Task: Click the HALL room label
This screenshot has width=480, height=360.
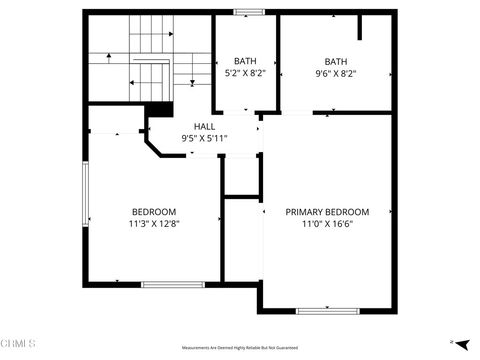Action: point(204,127)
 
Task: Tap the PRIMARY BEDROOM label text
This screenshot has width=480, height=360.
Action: point(327,212)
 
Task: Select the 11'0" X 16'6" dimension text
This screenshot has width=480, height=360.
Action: point(327,224)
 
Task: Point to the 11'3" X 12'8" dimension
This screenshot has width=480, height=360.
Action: point(154,224)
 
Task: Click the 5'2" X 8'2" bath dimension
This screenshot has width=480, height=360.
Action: point(245,73)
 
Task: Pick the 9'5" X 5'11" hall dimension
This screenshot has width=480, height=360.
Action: point(204,139)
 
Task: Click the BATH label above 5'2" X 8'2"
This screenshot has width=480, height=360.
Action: point(245,61)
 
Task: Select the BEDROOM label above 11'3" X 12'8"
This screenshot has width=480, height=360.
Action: point(154,212)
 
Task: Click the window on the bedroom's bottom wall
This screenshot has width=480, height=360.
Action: point(173,285)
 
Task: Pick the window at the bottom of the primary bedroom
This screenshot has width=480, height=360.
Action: point(327,310)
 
